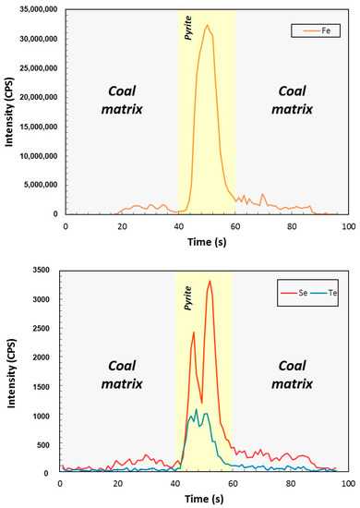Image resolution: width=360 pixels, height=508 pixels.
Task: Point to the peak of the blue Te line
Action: coord(196,409)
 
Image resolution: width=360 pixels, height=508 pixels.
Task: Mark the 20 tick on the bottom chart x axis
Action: coord(117,484)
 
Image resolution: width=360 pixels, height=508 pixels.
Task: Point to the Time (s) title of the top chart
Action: coord(207,240)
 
